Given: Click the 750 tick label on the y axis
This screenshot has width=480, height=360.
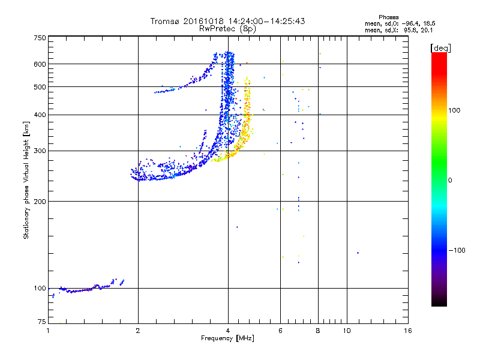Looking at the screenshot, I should point(40,37).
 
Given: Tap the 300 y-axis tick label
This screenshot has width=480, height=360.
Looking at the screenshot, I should point(40,151).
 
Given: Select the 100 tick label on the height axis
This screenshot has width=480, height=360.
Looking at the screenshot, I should point(40,288).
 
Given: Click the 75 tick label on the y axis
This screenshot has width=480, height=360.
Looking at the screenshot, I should point(41,322).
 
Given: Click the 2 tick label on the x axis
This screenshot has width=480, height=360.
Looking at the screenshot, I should point(138,331).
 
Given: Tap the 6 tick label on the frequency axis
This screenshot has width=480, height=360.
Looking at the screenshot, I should point(280,331).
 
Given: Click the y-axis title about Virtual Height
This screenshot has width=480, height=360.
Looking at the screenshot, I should point(26,180).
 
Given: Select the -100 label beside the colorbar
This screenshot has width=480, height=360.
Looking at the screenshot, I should point(457,250).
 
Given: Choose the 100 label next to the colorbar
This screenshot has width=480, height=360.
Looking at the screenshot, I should point(455,110).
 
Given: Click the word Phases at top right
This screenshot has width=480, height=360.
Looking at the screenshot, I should point(389,17).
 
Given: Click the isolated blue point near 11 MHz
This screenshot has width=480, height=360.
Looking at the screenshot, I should point(358,253).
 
